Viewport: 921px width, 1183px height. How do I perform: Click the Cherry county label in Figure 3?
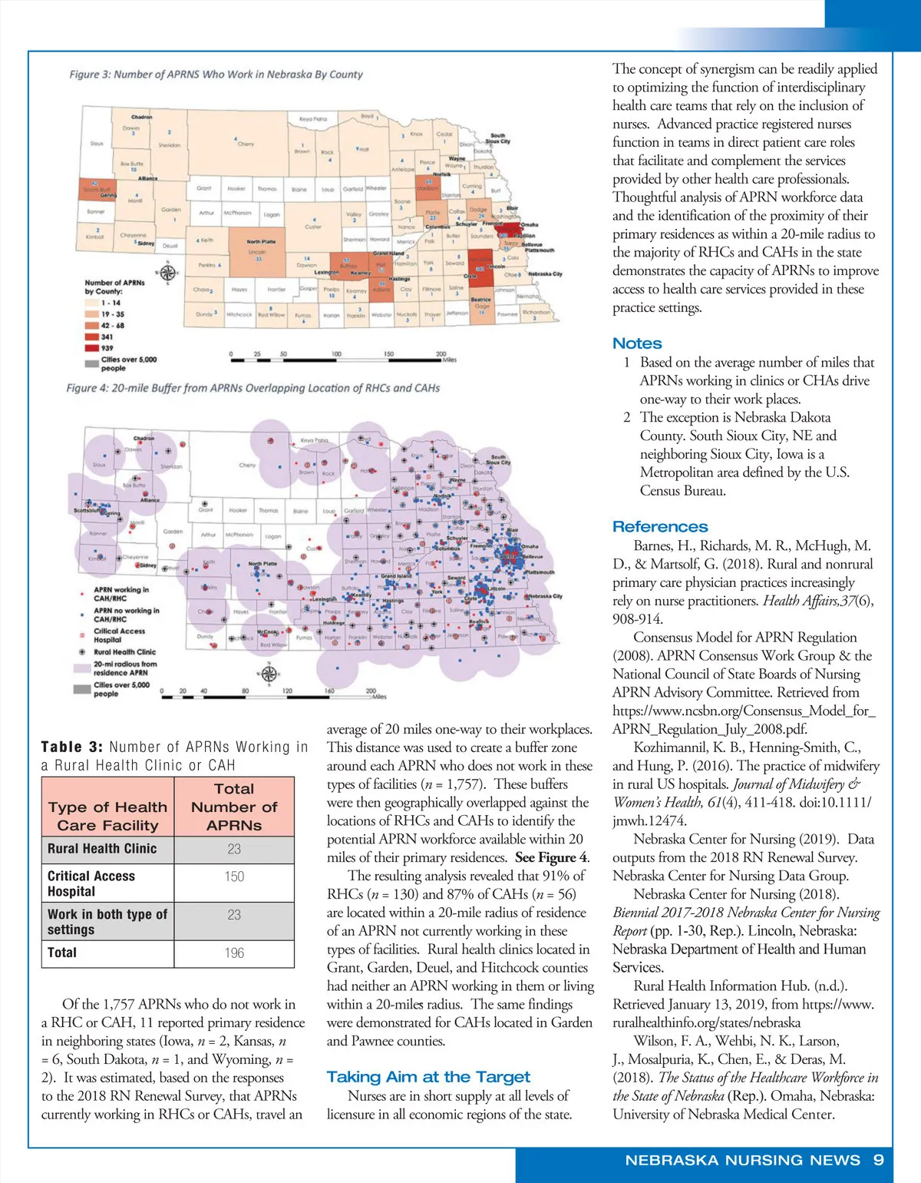click(x=246, y=144)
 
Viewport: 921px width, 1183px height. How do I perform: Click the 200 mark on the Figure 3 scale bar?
click(x=441, y=354)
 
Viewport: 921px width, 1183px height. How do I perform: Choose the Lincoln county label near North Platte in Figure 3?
click(x=257, y=252)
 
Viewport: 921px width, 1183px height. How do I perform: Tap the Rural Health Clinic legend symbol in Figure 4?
click(x=82, y=651)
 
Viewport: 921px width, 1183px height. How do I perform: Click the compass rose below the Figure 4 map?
click(x=269, y=674)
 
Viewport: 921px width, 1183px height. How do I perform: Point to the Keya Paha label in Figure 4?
click(x=314, y=440)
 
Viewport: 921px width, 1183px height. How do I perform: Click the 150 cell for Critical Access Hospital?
click(x=234, y=876)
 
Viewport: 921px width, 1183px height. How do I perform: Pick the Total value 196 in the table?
click(x=234, y=953)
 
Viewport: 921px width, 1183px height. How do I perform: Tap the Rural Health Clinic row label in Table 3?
click(x=102, y=848)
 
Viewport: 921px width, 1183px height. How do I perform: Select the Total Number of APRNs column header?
click(x=234, y=807)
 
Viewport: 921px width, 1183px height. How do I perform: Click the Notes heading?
click(x=637, y=343)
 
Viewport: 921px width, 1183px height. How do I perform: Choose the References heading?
click(x=660, y=526)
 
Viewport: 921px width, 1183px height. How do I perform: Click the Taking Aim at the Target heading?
click(x=428, y=1076)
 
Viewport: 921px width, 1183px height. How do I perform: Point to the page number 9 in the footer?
click(x=879, y=1159)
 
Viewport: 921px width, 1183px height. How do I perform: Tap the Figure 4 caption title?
click(x=253, y=388)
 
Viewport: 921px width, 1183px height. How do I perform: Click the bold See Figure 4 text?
click(x=551, y=857)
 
